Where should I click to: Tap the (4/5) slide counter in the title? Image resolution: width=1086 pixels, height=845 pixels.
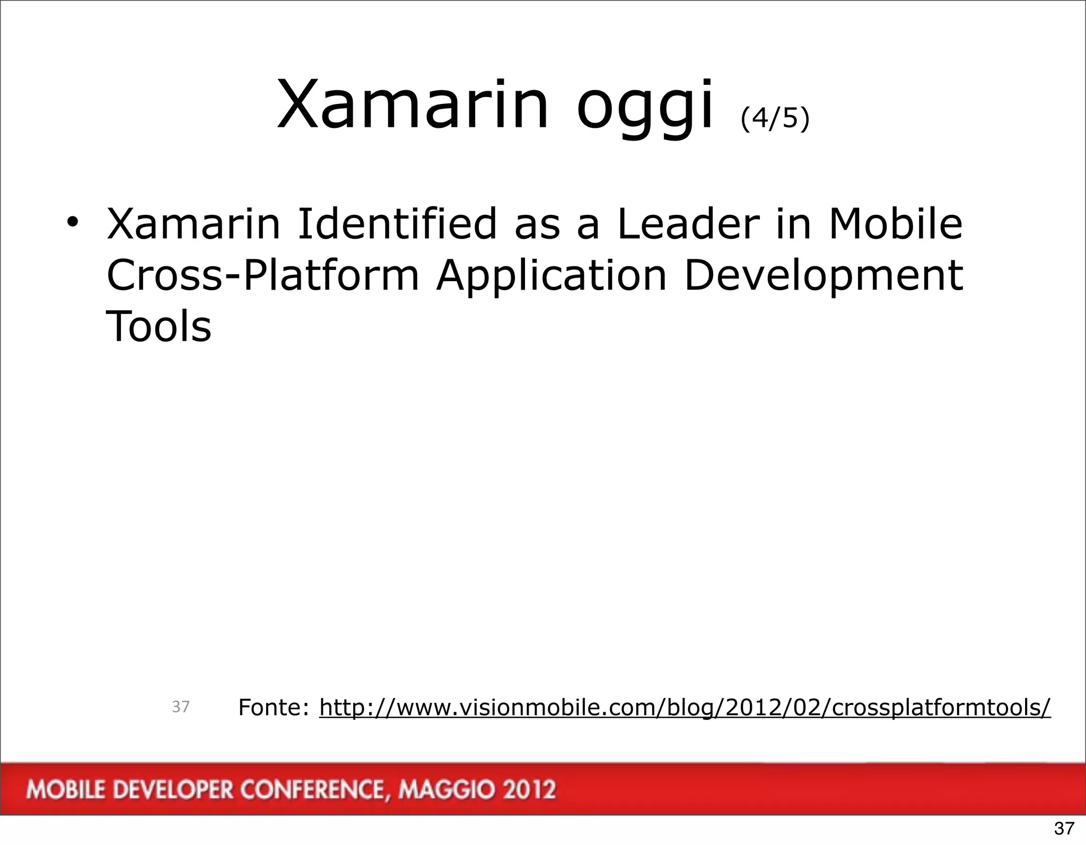pos(775,118)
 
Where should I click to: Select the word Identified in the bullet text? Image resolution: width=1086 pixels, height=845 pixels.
pos(397,223)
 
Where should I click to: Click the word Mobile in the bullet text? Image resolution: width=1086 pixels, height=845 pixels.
pos(895,223)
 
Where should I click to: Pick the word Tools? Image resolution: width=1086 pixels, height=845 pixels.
pos(159,326)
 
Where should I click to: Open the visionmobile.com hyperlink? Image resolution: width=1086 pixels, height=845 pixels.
pos(685,708)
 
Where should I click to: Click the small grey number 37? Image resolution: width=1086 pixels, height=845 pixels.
pos(181,707)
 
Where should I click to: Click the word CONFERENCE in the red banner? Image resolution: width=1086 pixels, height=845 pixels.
pos(312,790)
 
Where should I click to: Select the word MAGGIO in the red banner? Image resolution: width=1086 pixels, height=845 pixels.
pos(448,790)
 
